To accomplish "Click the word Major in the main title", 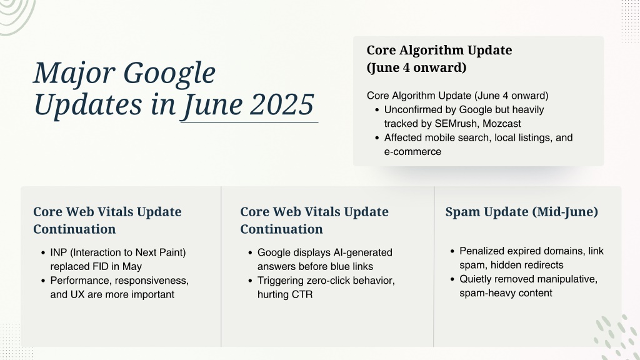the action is pos(74,74).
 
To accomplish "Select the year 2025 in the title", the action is pos(282,104).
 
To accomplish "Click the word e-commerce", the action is pos(412,151).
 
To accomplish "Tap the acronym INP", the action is pos(59,252).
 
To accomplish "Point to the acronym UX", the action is pos(77,294).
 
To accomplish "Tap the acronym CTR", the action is pos(302,294).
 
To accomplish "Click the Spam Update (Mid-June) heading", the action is pos(522,212).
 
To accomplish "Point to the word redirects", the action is pos(544,265).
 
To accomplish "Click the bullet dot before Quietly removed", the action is pos(452,279).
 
